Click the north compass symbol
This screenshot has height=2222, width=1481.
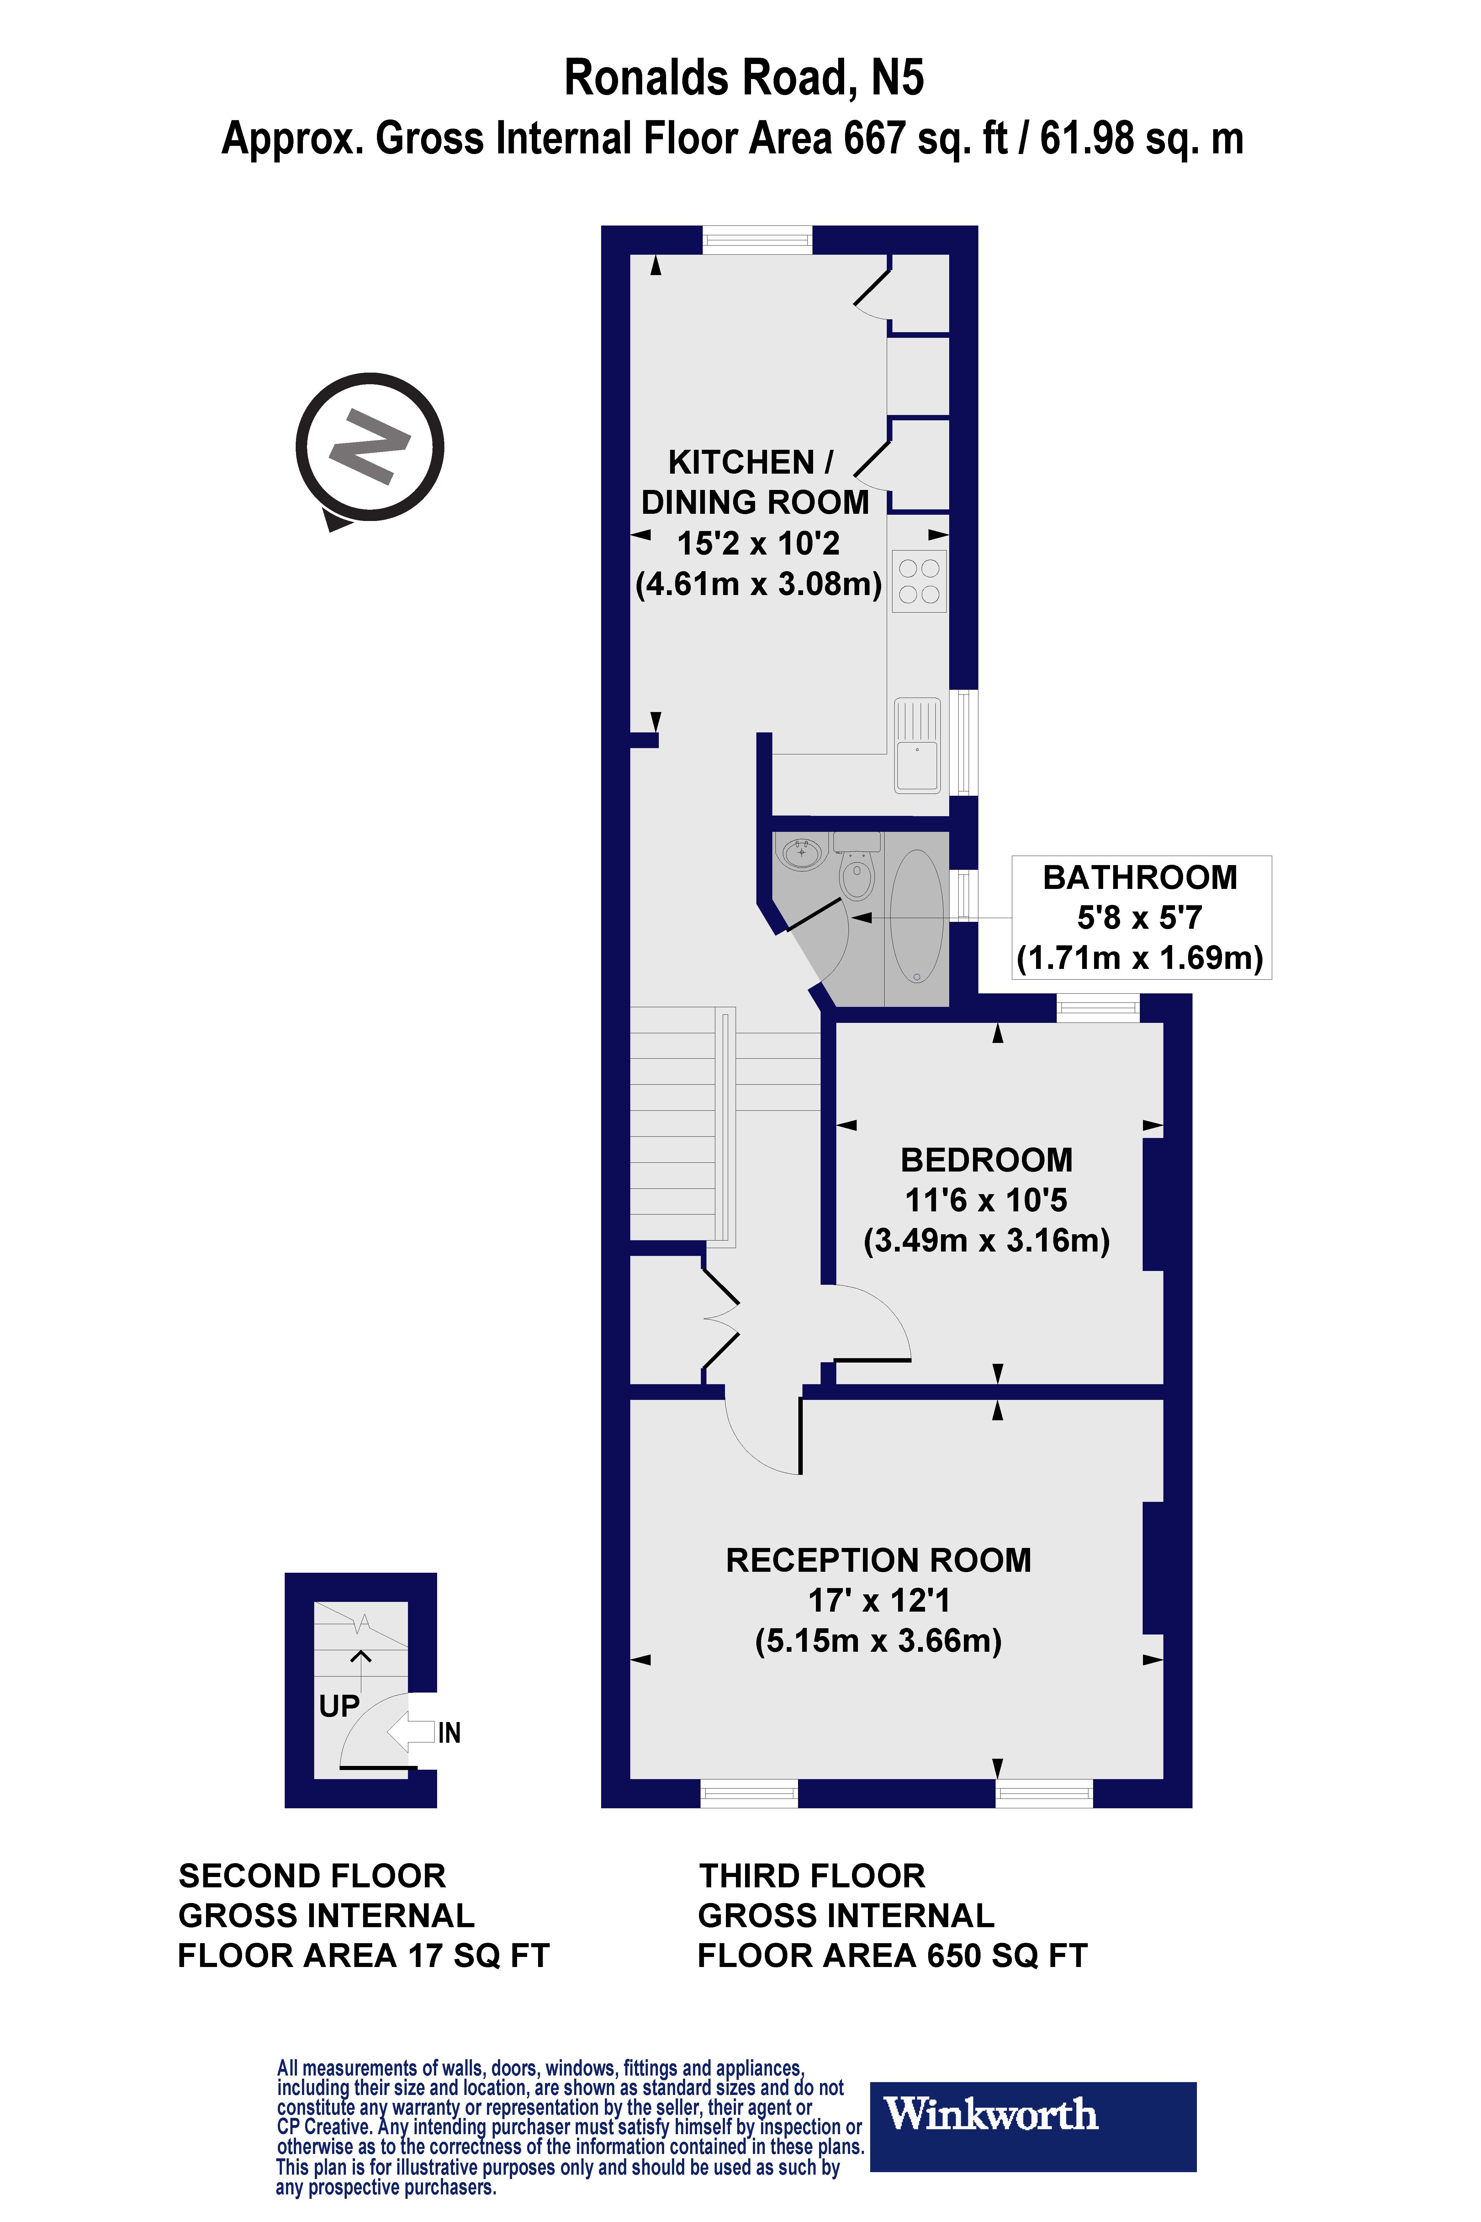pos(369,447)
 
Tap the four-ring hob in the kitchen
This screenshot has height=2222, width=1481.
pos(919,581)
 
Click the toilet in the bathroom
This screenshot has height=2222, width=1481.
pos(857,869)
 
